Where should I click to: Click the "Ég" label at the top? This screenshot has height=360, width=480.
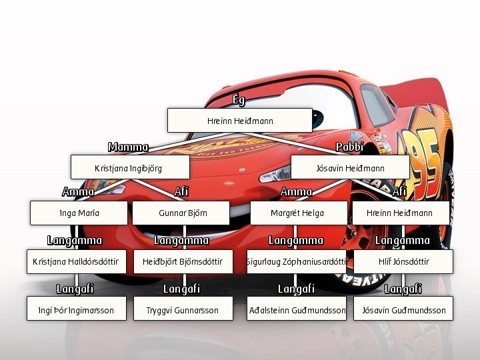(239, 100)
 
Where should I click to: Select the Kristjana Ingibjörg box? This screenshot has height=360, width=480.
(130, 167)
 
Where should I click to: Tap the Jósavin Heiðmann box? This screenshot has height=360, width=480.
(350, 167)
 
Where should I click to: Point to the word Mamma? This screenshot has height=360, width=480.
(128, 147)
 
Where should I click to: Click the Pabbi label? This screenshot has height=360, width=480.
(349, 147)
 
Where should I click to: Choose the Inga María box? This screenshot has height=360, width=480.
(79, 213)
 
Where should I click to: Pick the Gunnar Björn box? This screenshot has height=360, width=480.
(181, 213)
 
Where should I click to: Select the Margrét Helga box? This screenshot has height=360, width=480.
(299, 213)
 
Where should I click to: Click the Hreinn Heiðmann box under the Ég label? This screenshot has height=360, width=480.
(240, 120)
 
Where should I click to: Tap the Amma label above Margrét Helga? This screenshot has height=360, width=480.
(296, 192)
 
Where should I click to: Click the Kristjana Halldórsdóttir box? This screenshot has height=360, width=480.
(77, 261)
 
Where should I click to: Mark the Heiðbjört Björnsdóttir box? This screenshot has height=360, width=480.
(183, 261)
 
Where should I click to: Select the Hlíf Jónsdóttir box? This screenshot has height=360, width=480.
(403, 261)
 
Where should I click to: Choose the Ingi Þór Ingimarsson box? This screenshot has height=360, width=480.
(77, 308)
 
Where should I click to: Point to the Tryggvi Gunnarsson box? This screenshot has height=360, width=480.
(183, 308)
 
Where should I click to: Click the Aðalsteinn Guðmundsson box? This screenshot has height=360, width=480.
(297, 308)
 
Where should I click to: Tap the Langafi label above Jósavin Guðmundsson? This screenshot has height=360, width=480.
(403, 289)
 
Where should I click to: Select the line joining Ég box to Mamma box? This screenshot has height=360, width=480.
(191, 143)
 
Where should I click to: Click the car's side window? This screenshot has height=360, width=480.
(376, 105)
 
